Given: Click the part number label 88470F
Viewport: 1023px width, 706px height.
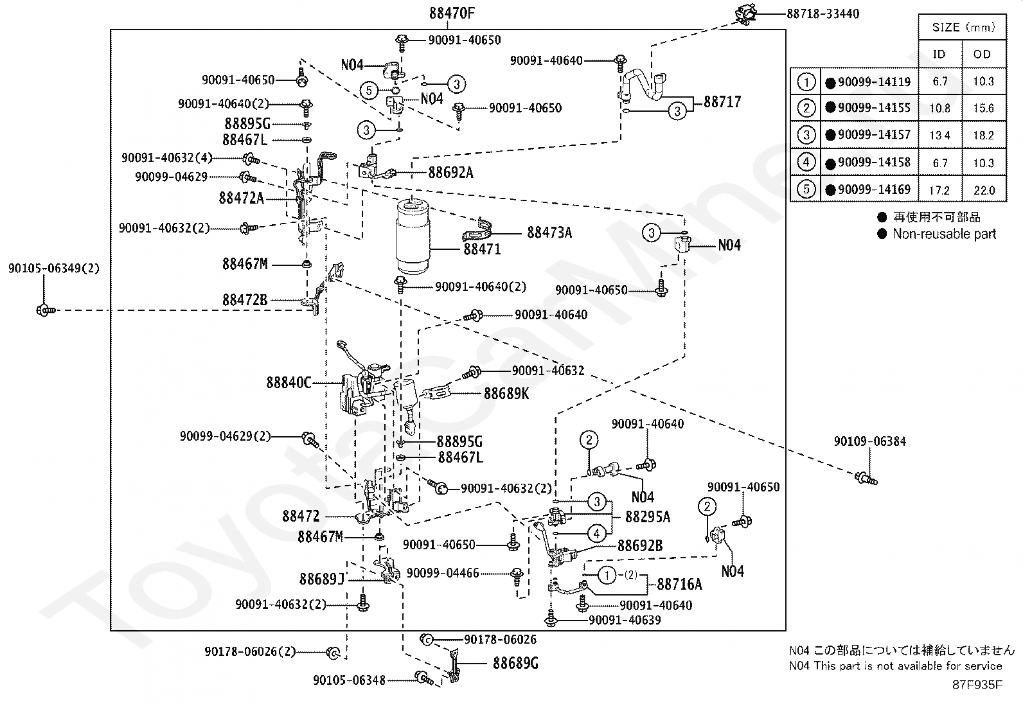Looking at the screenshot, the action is [452, 13].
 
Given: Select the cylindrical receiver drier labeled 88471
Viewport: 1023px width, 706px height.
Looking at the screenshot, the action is [413, 236].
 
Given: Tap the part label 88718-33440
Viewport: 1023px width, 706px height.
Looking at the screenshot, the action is [823, 13].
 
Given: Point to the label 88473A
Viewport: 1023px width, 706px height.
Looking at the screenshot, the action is [549, 233].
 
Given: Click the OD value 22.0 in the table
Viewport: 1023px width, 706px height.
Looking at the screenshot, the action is [984, 190].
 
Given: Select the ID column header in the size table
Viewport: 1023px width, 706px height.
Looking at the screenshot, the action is [939, 55].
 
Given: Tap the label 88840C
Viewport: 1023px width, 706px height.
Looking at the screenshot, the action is [289, 382].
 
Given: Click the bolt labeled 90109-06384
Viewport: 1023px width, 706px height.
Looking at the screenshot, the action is [866, 479].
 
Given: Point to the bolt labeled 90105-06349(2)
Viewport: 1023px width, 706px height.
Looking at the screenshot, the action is [46, 310].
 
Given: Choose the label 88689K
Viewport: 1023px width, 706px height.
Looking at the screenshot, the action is [506, 393].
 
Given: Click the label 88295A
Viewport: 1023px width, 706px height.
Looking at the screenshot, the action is [648, 516].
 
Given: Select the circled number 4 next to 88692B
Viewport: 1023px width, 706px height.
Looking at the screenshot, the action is [596, 533].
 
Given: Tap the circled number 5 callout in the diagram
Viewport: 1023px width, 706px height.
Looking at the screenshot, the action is [369, 91].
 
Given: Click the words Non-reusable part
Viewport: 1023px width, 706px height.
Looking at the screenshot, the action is [944, 234].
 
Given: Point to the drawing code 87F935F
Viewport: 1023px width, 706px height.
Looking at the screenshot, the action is [977, 685].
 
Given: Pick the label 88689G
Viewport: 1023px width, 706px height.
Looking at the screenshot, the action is [515, 663].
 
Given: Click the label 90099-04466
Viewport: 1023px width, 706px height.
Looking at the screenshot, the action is [443, 573].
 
